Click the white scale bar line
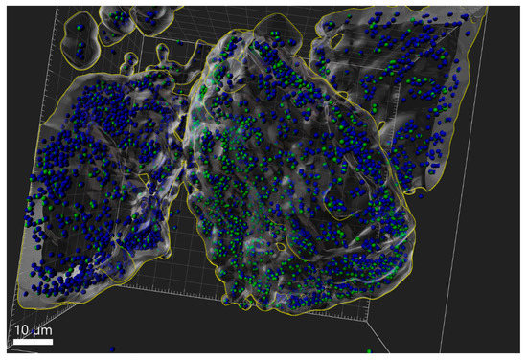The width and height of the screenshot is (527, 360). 31,340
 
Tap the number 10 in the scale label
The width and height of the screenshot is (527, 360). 19,330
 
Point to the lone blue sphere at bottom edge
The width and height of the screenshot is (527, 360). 113,348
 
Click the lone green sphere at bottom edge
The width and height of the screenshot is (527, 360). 370,338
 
